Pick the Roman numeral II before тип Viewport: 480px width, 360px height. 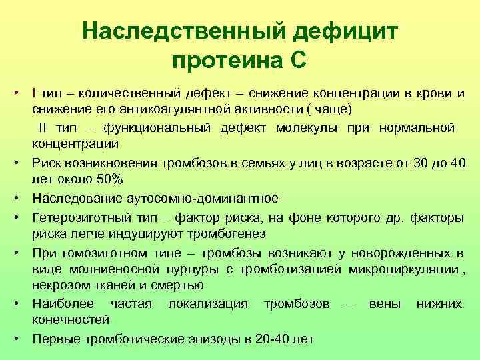pyautogui.click(x=42, y=127)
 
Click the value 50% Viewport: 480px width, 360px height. pyautogui.click(x=108, y=179)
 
